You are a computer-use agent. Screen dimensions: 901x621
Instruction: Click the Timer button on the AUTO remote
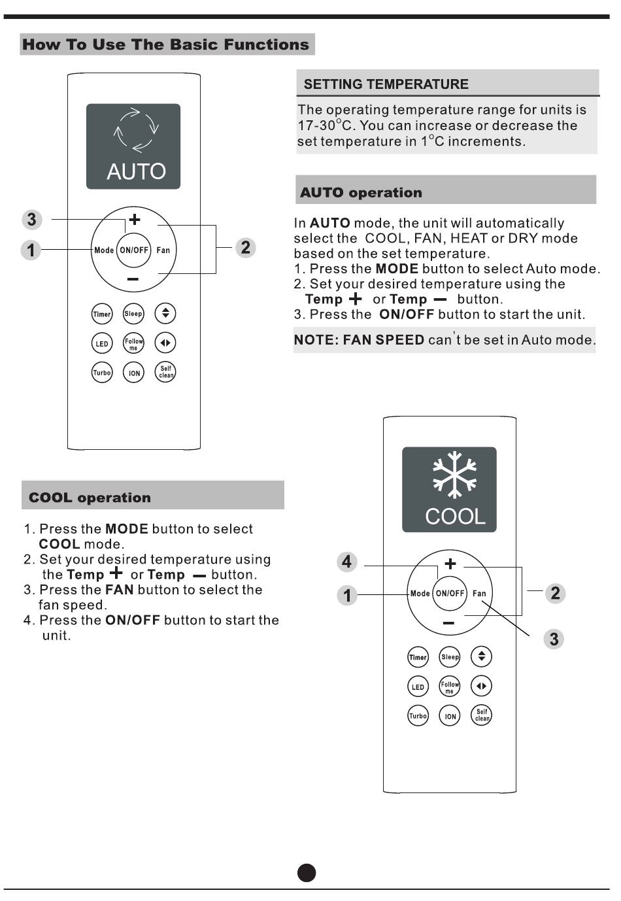pos(102,314)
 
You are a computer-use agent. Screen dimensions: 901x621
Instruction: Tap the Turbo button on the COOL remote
pos(418,715)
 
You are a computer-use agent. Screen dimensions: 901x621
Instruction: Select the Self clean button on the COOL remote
pos(482,715)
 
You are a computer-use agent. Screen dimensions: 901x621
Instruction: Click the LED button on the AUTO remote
pos(102,343)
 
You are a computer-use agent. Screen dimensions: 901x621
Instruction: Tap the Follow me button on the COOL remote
pos(450,687)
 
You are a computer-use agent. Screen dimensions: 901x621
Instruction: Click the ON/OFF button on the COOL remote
pos(450,594)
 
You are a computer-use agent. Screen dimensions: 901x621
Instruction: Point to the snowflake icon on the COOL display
pos(454,474)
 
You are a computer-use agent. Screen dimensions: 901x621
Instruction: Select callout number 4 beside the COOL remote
pos(346,562)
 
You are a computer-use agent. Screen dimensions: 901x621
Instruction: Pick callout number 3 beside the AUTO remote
pos(31,219)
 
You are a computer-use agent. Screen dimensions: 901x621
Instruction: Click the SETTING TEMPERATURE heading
pos(386,84)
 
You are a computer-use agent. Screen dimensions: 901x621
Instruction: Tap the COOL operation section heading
pos(90,498)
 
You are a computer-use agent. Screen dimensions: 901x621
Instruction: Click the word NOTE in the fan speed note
pos(315,340)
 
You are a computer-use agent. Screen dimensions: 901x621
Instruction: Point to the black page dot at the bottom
pos(307,873)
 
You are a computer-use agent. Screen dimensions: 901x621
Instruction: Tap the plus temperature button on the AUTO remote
pos(134,220)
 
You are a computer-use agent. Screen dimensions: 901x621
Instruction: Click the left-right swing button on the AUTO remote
pos(165,343)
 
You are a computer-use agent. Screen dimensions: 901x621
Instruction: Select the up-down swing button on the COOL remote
pos(482,656)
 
